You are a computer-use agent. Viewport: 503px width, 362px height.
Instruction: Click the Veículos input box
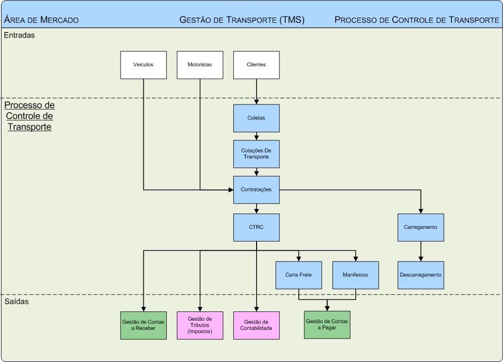(143, 65)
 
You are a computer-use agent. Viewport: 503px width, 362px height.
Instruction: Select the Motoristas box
(200, 65)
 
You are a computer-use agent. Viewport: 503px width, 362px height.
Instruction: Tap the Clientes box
(256, 65)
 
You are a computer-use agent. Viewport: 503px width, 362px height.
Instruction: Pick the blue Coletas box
(256, 118)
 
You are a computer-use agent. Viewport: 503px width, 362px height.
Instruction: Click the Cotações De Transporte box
(256, 154)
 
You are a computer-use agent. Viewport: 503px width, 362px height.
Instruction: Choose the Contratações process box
(256, 190)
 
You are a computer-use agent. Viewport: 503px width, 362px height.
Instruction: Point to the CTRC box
(256, 227)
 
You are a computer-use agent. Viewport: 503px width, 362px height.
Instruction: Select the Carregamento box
(420, 227)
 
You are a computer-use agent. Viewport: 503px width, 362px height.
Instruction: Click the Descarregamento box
(420, 275)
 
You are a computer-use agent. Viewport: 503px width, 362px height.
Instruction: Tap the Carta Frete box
(298, 275)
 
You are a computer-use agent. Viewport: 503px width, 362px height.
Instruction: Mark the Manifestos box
(355, 275)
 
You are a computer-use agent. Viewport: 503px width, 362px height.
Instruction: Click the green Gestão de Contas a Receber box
(143, 325)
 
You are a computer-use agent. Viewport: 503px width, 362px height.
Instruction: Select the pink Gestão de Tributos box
(200, 325)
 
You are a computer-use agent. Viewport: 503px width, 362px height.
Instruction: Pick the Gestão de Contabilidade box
(256, 325)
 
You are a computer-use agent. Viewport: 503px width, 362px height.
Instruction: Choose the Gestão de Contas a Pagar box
(327, 325)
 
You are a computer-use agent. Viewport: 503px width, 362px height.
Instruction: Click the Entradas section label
(19, 35)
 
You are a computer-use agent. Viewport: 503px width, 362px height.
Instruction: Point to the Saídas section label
(17, 302)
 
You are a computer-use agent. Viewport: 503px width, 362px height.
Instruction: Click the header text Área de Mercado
(41, 20)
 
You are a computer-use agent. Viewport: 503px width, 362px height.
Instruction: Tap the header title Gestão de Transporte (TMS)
(242, 20)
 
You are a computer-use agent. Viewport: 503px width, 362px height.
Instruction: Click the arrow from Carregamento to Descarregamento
(421, 251)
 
